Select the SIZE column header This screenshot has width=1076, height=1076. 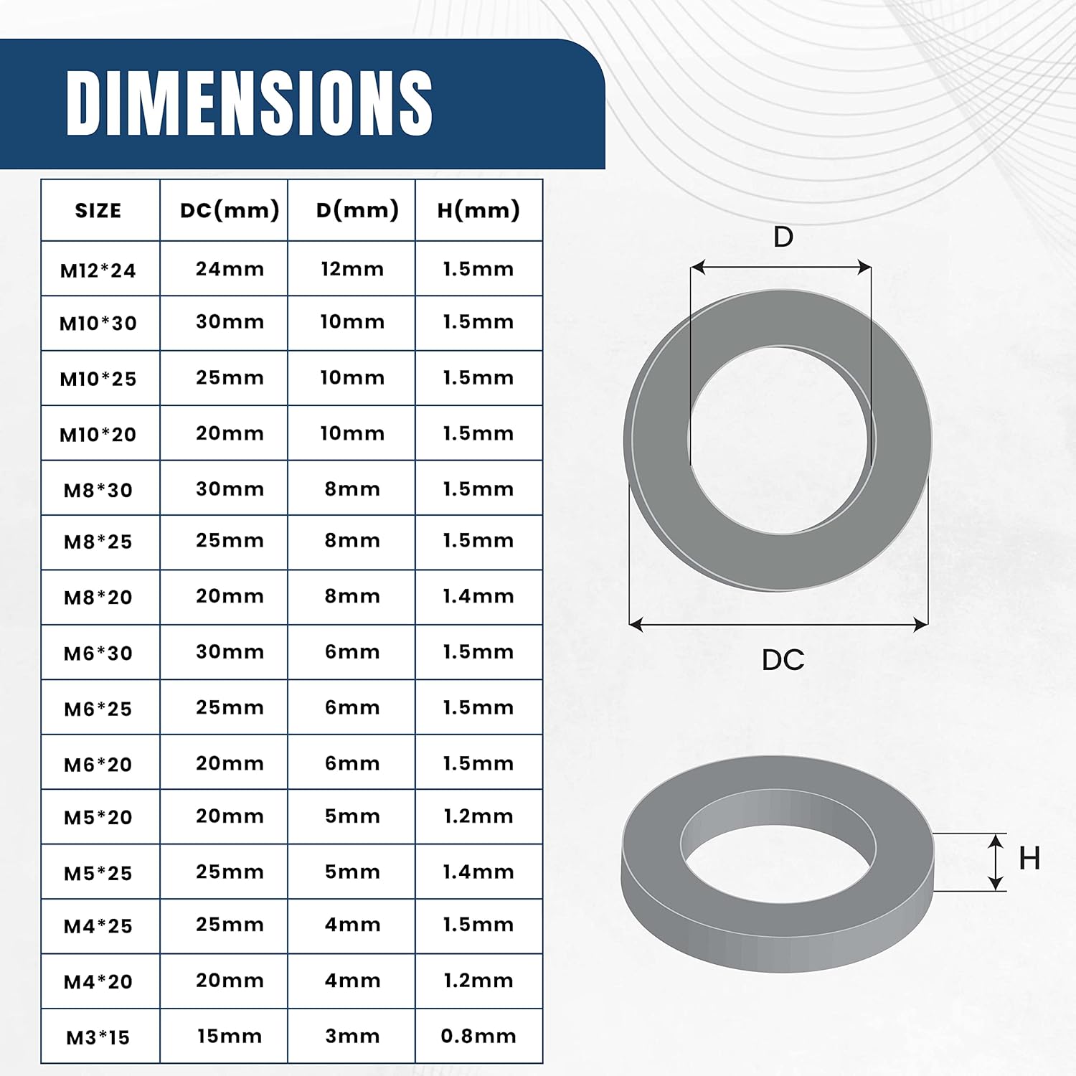click(x=98, y=211)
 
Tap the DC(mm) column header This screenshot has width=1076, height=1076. click(x=230, y=210)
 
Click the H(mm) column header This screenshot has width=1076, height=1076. click(x=478, y=210)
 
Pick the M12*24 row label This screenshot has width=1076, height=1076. click(x=98, y=270)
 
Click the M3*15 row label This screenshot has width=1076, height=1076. click(x=98, y=1037)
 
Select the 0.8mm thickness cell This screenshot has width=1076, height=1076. click(x=478, y=1036)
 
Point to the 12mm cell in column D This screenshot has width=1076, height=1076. click(x=352, y=269)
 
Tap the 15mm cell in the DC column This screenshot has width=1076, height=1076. click(x=230, y=1036)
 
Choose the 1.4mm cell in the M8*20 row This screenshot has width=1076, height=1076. click(x=478, y=596)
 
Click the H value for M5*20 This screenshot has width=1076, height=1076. click(x=478, y=816)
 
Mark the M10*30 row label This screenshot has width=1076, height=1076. click(x=98, y=324)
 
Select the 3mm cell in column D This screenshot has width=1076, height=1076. click(x=352, y=1036)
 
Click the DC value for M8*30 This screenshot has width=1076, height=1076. click(x=230, y=489)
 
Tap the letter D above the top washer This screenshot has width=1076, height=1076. click(x=783, y=237)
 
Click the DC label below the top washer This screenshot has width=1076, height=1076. click(x=783, y=660)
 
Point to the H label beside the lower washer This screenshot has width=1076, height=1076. click(x=1029, y=859)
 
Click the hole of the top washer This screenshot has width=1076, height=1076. click(x=780, y=440)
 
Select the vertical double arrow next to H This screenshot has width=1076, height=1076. click(x=996, y=862)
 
